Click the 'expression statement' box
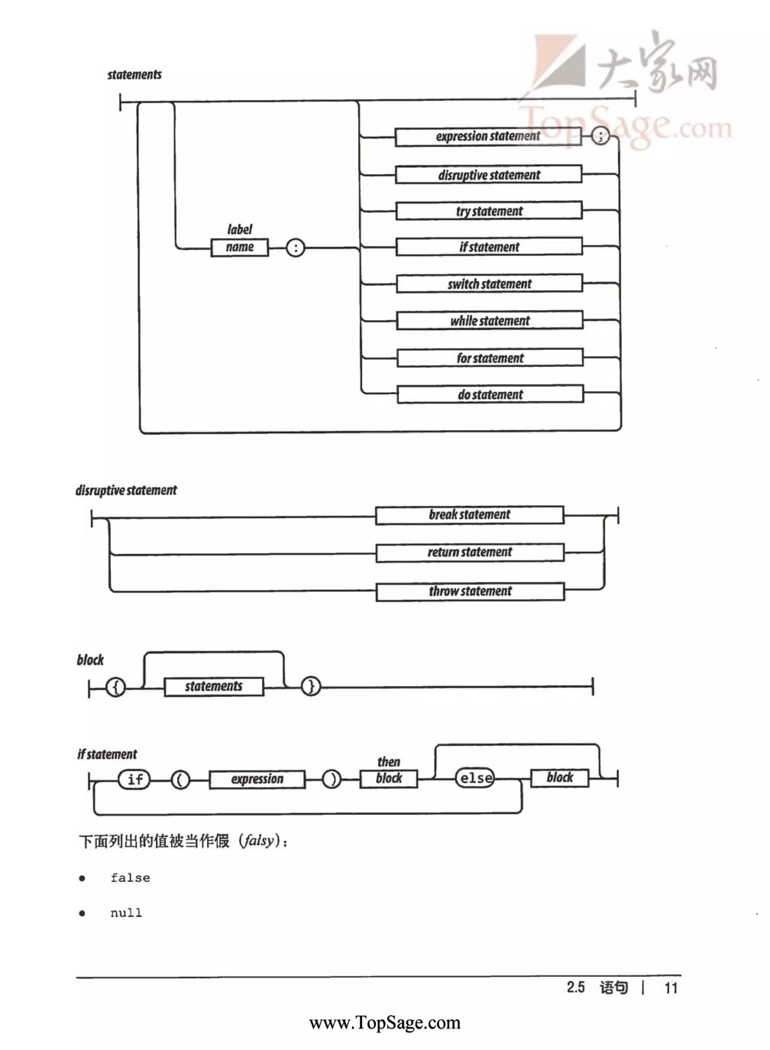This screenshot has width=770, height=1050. (488, 137)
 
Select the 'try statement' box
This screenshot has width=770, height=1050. (489, 211)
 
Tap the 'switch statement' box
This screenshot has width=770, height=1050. (490, 284)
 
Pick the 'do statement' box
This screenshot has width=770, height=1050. (490, 394)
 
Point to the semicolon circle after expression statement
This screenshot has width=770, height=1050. (600, 136)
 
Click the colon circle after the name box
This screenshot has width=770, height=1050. (295, 248)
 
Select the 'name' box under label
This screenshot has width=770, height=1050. (239, 247)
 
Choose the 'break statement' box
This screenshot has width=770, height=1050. (469, 515)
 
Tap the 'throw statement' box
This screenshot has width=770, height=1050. (470, 591)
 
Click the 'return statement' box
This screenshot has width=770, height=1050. (470, 553)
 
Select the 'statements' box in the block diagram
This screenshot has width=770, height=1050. (214, 686)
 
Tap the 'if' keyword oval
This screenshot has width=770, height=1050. (135, 779)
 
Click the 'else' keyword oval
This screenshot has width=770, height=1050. (475, 778)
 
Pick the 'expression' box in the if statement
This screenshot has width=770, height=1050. (257, 779)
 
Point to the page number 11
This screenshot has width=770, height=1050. (671, 988)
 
